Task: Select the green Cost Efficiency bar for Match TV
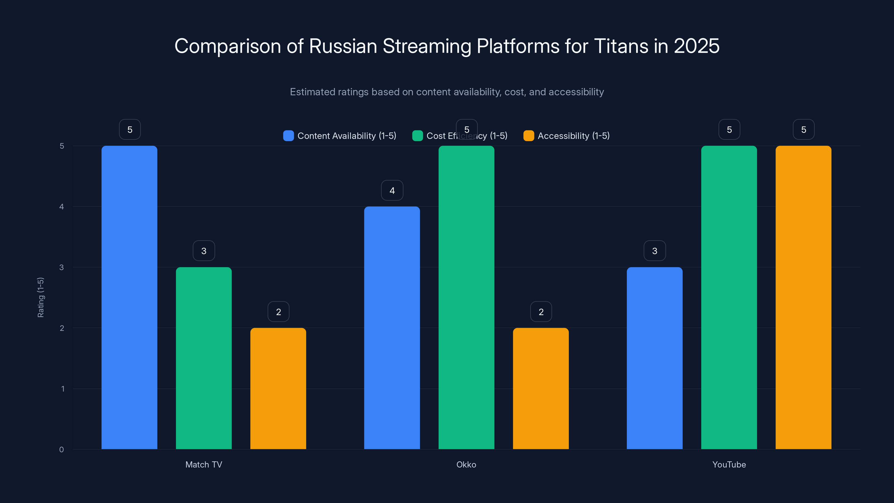[x=204, y=358]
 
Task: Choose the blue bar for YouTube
[x=655, y=358]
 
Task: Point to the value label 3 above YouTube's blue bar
[x=655, y=251]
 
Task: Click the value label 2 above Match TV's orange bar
[x=278, y=312]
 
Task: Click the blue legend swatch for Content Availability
[x=288, y=136]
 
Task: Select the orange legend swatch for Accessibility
[x=529, y=136]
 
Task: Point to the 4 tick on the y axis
[x=62, y=207]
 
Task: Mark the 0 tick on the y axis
[x=62, y=450]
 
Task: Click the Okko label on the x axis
[x=466, y=464]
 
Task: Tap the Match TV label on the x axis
[x=204, y=464]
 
